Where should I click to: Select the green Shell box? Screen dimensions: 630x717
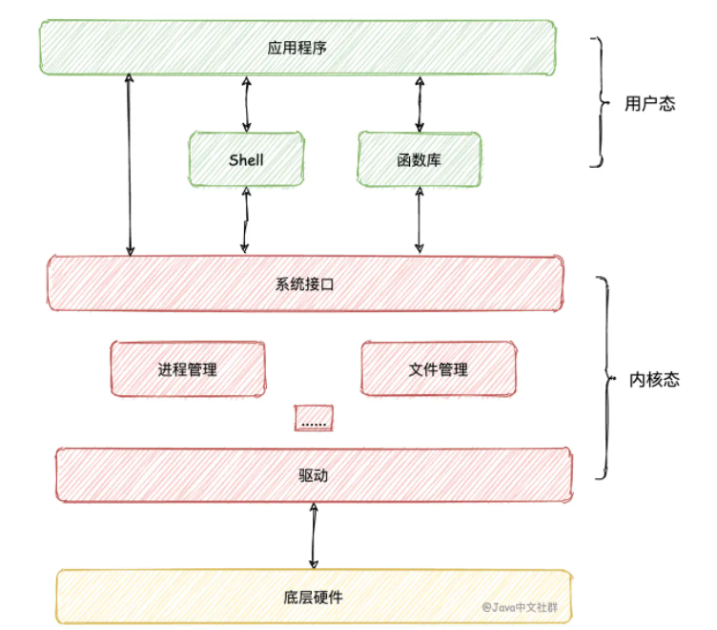point(246,159)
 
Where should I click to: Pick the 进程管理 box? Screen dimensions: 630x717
point(188,368)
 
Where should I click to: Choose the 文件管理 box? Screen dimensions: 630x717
point(438,368)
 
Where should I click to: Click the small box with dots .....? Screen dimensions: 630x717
point(313,418)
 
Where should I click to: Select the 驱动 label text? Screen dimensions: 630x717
point(313,474)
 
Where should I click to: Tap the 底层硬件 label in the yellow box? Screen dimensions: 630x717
point(313,598)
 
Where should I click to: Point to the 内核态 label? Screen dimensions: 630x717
point(654,379)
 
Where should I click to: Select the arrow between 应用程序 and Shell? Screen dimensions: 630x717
point(247,104)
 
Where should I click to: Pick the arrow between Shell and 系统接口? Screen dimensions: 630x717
point(246,220)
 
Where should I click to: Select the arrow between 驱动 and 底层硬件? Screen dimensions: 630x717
point(313,536)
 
